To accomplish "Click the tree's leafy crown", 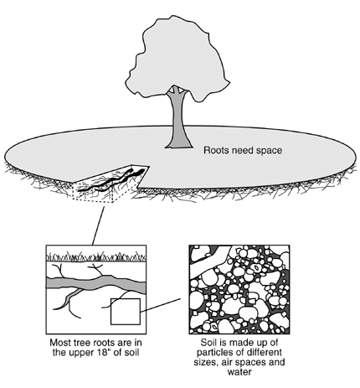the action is coord(177,56).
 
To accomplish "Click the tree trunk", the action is coord(178,120).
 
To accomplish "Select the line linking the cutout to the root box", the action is coord(98,225).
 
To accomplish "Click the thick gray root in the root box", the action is coord(96,283).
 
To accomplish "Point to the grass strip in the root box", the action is coord(96,256).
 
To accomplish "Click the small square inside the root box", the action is coord(126,312).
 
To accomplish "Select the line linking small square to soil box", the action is coord(161,305).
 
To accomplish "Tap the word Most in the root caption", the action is coord(60,343).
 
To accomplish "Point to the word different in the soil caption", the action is coord(264,352).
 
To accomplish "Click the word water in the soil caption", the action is coord(239,372).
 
